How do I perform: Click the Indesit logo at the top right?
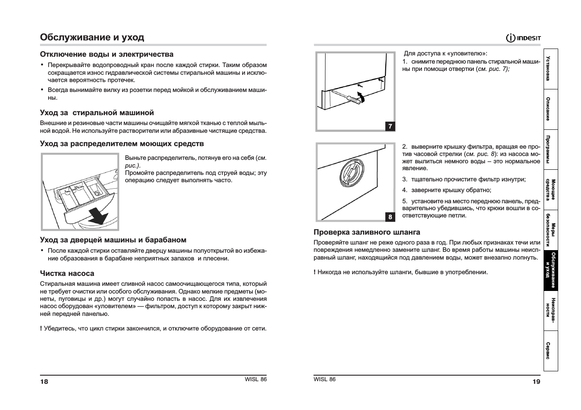523,38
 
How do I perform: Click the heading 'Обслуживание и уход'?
92,37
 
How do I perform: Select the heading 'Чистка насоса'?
67,273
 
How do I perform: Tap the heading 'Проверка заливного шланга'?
367,232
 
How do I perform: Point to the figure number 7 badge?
390,126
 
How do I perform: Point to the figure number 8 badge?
390,217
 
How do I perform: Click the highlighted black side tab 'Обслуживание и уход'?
550,271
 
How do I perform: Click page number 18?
44,382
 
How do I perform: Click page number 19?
536,381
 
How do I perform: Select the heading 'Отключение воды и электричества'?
107,54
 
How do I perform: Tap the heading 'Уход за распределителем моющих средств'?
122,144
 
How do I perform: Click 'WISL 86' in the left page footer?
255,379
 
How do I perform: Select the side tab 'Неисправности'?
550,311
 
